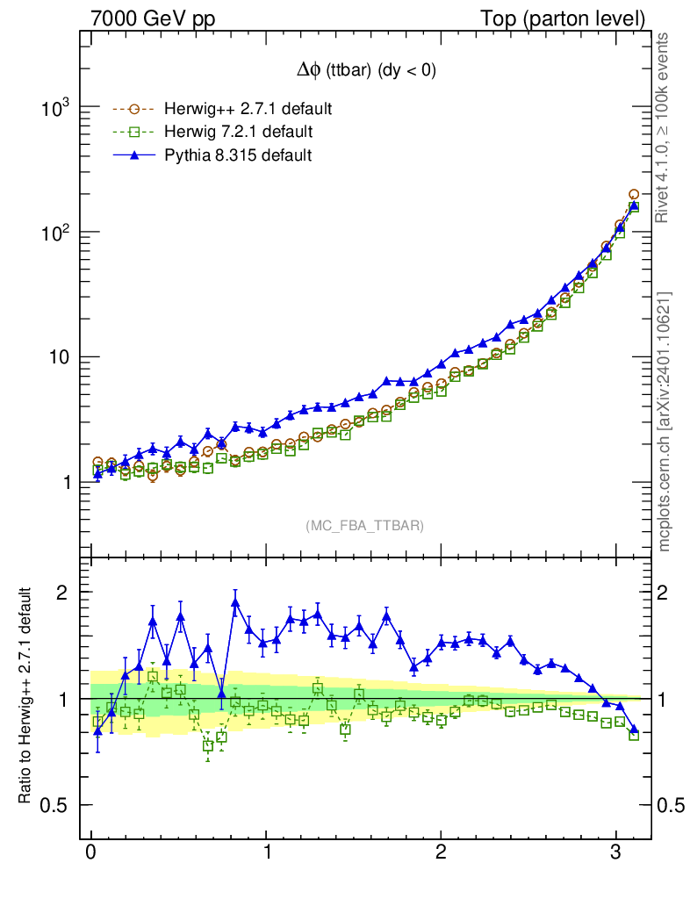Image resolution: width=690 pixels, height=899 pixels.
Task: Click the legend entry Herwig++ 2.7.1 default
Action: click(248, 110)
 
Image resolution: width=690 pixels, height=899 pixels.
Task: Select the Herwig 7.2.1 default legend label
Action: click(239, 133)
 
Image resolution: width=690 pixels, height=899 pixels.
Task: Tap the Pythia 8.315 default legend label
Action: click(238, 155)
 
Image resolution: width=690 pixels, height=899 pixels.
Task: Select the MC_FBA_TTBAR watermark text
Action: click(365, 525)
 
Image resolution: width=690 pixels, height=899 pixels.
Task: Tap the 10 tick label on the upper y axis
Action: click(62, 357)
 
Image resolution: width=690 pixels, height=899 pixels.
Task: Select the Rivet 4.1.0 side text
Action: click(665, 127)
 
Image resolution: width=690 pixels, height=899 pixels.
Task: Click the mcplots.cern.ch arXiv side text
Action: click(665, 421)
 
